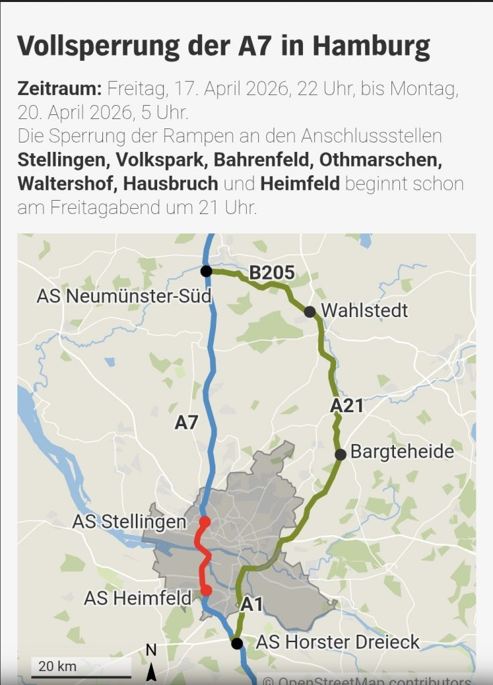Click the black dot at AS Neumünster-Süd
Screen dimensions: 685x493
pyautogui.click(x=206, y=271)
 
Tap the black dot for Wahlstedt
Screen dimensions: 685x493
pyautogui.click(x=310, y=312)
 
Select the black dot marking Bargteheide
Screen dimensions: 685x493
pyautogui.click(x=340, y=454)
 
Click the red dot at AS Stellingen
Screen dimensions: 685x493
pyautogui.click(x=205, y=522)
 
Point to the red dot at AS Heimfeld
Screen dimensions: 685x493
pyautogui.click(x=206, y=590)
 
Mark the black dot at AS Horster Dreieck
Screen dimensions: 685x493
pyautogui.click(x=237, y=644)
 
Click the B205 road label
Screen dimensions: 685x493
pyautogui.click(x=272, y=273)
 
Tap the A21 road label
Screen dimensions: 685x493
pyautogui.click(x=347, y=405)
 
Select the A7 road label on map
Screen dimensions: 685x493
pyautogui.click(x=187, y=422)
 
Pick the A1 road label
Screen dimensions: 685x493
pyautogui.click(x=252, y=605)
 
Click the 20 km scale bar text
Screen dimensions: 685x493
pyautogui.click(x=58, y=666)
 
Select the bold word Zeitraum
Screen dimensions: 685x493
pyautogui.click(x=59, y=88)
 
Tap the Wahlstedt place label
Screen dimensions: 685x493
pyautogui.click(x=365, y=311)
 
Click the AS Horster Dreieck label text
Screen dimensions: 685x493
pyautogui.click(x=338, y=642)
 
